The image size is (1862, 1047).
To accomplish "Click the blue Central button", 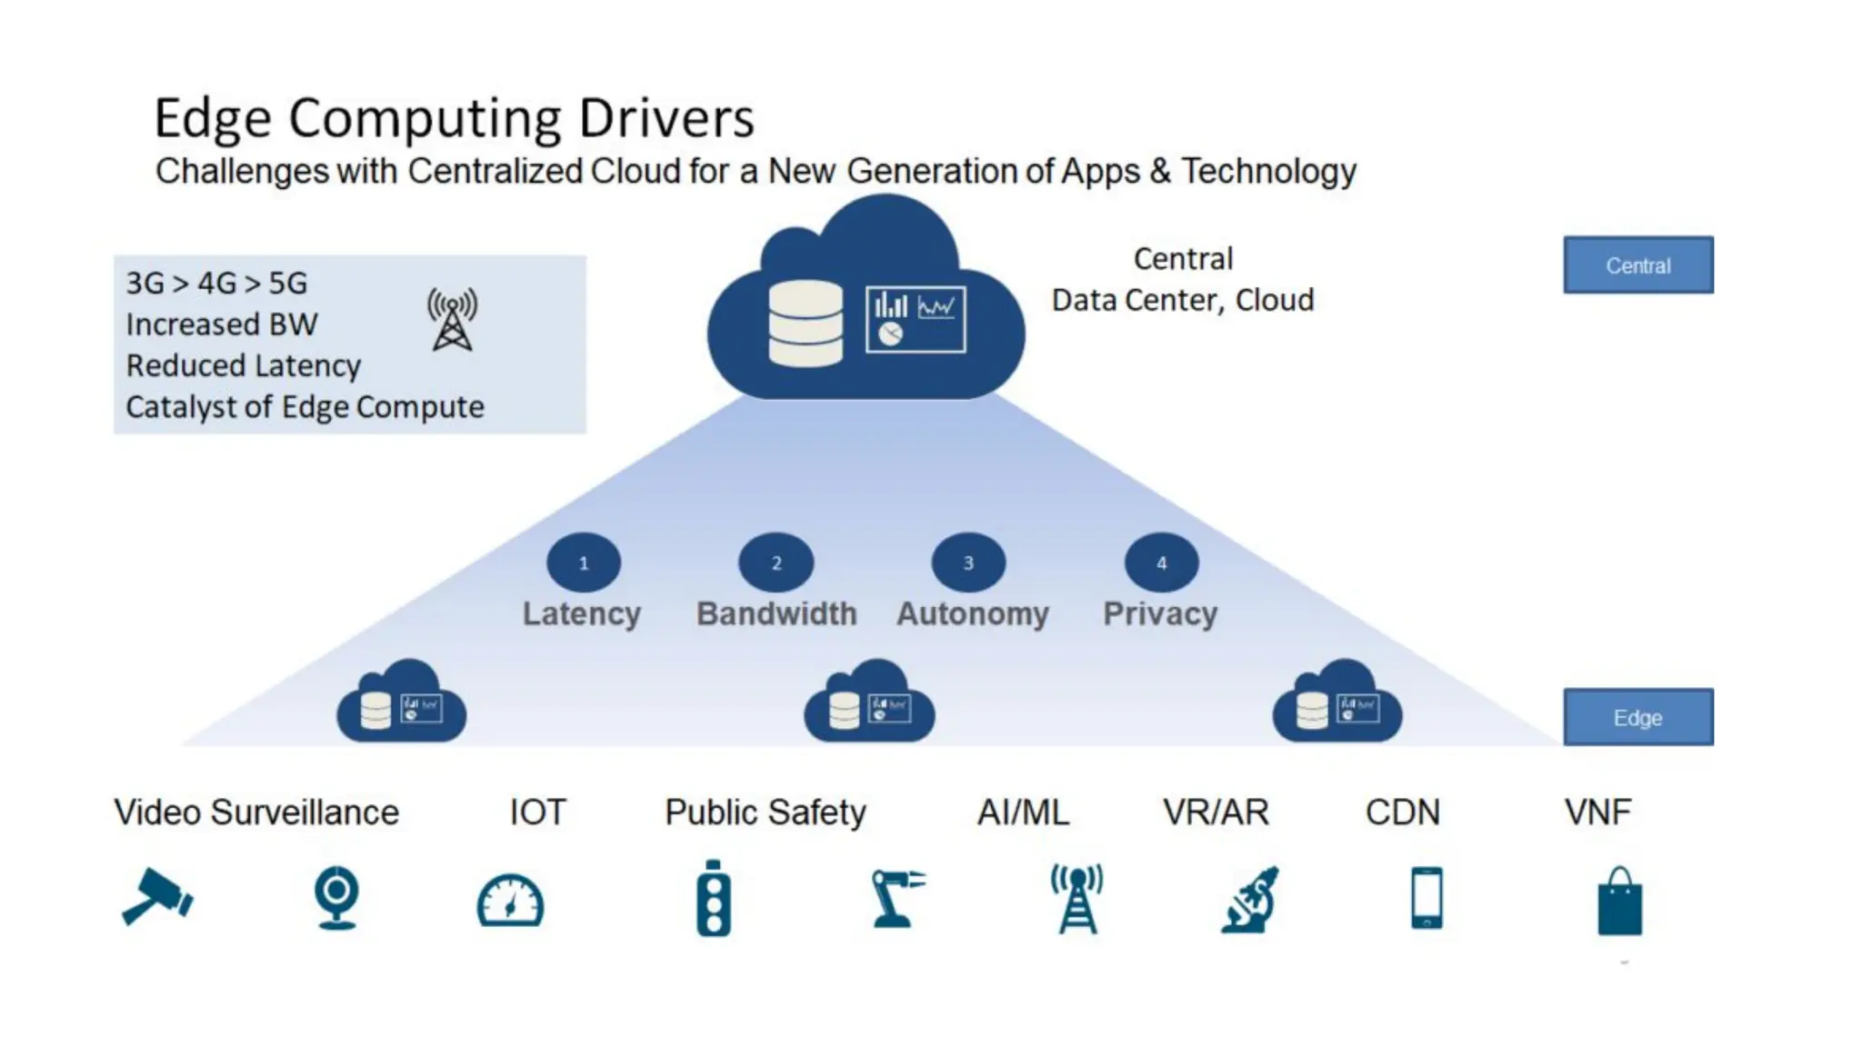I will (1637, 265).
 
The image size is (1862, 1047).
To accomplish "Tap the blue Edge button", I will (1637, 717).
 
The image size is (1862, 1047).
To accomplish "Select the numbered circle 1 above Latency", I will (584, 563).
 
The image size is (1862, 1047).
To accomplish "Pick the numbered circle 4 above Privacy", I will (1161, 563).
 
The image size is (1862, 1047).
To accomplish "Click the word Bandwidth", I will (776, 614).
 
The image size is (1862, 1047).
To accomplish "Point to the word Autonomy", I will (973, 614).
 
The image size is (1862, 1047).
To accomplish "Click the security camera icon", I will (156, 897).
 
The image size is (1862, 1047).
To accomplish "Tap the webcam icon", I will (336, 898).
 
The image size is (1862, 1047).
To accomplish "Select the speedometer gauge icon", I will (510, 901).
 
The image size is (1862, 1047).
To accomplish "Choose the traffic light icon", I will (714, 898).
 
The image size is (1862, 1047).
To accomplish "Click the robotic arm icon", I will (896, 898).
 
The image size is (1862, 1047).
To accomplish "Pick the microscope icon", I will (1252, 900).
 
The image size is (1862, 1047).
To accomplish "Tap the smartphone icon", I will (1427, 898).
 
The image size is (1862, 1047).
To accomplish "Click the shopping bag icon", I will (1620, 902).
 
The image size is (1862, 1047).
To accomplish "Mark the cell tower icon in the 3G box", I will (452, 320).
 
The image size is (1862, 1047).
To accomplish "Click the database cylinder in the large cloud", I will (806, 323).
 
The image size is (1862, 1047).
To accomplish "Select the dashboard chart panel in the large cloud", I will (916, 319).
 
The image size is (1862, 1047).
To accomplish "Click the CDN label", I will (1402, 813).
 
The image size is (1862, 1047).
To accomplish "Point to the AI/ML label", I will (1023, 813).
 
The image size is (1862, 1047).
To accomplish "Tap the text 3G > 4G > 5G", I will (216, 284).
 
